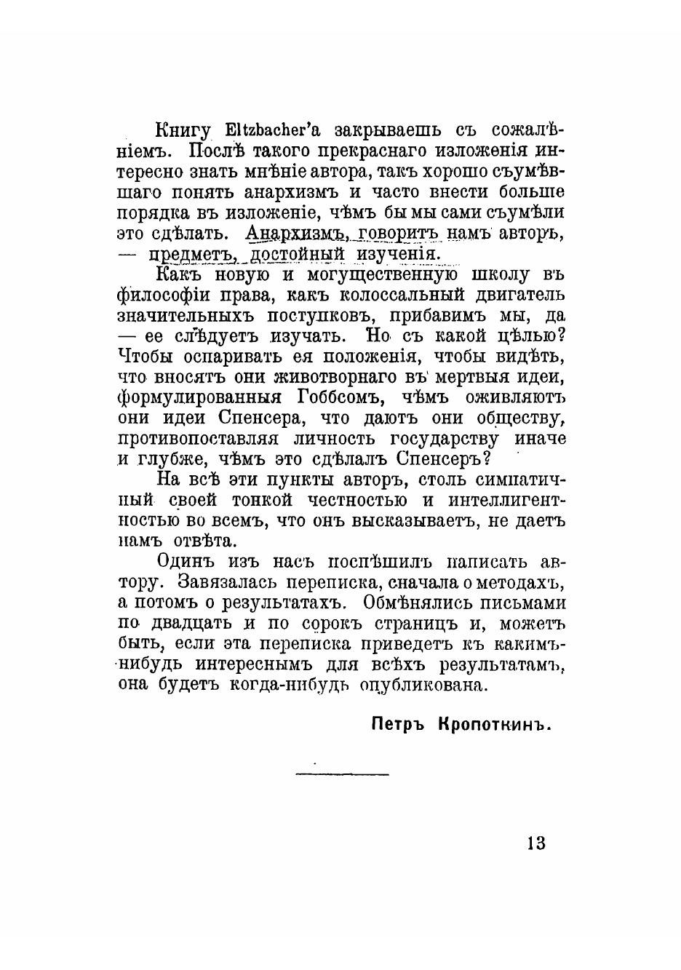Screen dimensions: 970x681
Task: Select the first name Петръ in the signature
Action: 399,725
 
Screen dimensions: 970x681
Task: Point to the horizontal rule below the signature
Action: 342,774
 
